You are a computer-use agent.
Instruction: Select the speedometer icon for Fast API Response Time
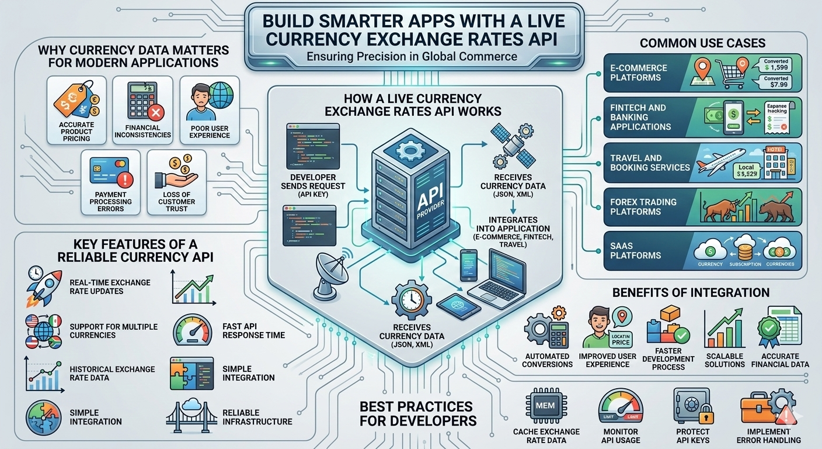pyautogui.click(x=192, y=331)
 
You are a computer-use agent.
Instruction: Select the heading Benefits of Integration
pyautogui.click(x=691, y=292)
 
